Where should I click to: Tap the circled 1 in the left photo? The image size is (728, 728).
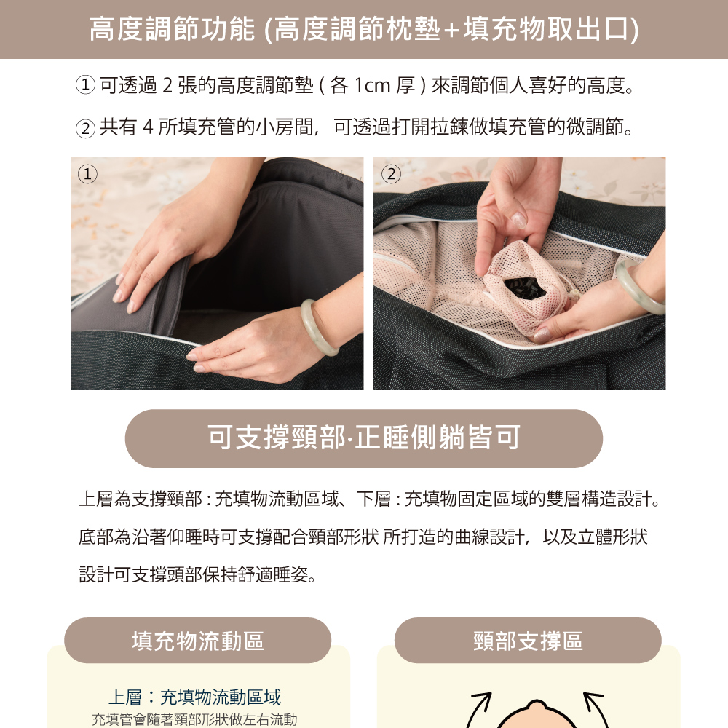point(87,174)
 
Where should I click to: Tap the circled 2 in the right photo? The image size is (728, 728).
point(391,174)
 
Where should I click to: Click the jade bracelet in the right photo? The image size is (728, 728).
point(638,285)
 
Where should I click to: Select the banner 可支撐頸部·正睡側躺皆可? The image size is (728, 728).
point(364,438)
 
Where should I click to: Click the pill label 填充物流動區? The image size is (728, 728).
point(198,641)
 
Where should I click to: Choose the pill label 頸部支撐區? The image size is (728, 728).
point(528,641)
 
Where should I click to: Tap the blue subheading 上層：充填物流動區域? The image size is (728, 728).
point(195,697)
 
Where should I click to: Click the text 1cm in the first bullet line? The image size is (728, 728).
point(372,85)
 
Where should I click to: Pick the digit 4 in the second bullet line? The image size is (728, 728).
point(148,127)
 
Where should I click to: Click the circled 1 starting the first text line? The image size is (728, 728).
point(85,85)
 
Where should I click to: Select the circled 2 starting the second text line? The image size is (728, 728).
point(85,128)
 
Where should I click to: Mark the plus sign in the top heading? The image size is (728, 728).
point(451,31)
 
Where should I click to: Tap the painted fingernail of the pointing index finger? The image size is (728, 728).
point(519,221)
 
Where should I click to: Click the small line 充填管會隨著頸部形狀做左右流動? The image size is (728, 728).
point(194,719)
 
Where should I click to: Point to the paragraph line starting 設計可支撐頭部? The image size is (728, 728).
point(198,575)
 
